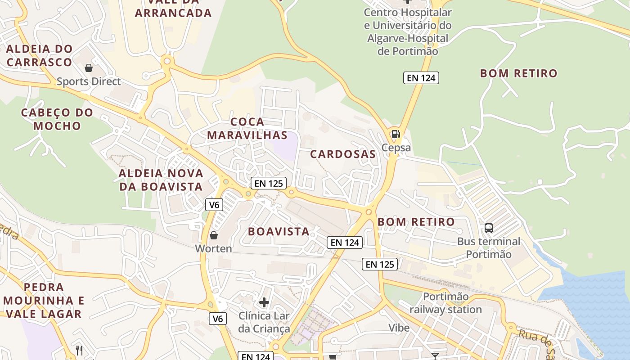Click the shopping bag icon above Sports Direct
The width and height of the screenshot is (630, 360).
click(89, 68)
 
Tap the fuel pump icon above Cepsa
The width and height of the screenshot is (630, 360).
click(396, 134)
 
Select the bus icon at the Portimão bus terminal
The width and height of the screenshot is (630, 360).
click(489, 228)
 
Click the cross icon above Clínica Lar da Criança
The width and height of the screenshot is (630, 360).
click(264, 302)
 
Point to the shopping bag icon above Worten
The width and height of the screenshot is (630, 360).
click(214, 235)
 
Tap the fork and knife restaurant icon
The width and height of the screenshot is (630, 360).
click(79, 350)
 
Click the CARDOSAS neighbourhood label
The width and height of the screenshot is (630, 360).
click(343, 154)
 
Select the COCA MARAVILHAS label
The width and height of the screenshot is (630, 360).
click(247, 128)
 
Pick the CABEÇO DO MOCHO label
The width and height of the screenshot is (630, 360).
click(57, 119)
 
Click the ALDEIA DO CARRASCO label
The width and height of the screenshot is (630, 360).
click(39, 55)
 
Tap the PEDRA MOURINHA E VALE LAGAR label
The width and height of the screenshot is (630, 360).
click(44, 300)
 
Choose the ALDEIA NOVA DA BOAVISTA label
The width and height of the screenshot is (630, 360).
click(161, 180)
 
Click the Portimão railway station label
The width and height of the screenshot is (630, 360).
click(445, 303)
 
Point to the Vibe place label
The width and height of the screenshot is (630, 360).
click(399, 328)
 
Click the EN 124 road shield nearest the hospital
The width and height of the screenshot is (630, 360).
click(421, 78)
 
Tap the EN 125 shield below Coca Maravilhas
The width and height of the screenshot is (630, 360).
click(269, 183)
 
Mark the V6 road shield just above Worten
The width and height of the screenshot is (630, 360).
click(214, 205)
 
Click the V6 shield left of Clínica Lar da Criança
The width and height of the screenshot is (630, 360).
click(218, 319)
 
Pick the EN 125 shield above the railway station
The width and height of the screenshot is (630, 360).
click(380, 264)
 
